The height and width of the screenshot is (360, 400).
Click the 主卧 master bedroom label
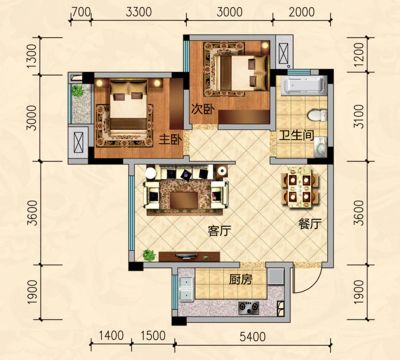point(170,140)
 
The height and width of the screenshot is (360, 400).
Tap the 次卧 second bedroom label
point(203,109)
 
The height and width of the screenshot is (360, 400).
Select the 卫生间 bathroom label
point(297,135)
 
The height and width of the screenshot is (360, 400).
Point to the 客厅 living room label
point(219,231)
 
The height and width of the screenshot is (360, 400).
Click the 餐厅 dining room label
point(310,224)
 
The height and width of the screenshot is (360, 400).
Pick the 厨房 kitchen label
point(240,280)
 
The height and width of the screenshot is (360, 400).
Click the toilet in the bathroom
point(317,115)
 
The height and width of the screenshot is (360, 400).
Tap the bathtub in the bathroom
point(303,85)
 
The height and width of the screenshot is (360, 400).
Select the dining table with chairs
point(300,188)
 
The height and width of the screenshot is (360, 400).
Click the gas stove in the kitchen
point(249,308)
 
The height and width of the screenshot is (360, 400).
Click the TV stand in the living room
point(189,256)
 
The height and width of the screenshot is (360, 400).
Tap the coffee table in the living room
point(184,200)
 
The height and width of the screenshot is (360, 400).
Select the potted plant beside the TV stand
point(149,255)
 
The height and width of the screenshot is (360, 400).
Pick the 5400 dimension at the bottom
point(253,336)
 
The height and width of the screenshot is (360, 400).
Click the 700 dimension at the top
point(81,12)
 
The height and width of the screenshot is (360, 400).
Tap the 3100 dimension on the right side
point(359,116)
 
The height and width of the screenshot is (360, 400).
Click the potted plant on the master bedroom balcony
point(78,90)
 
